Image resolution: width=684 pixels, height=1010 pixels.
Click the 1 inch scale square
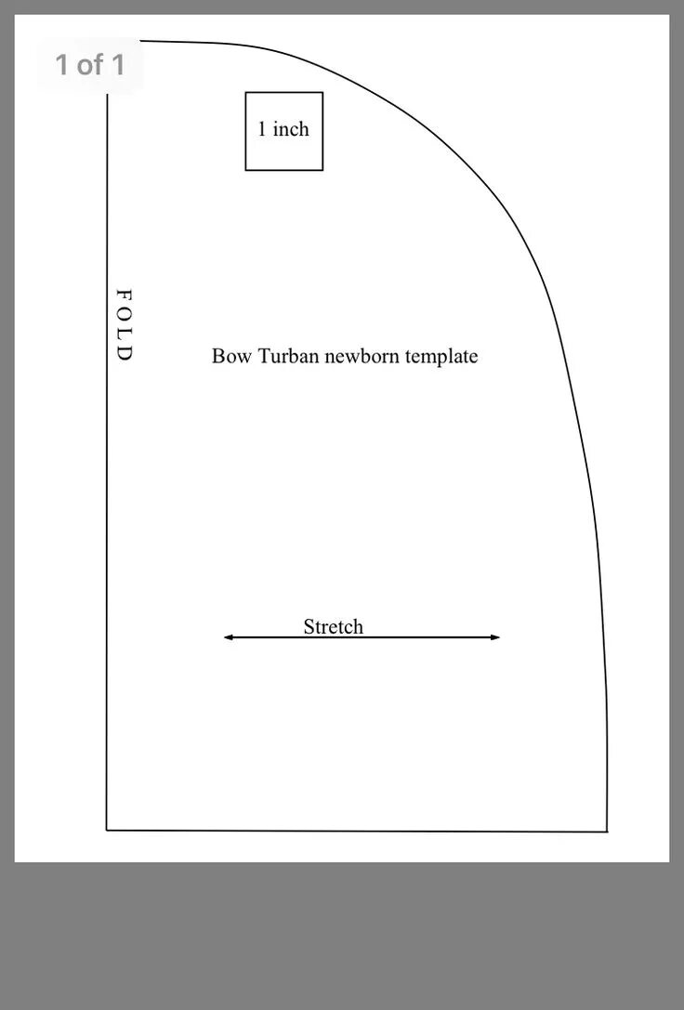point(283,131)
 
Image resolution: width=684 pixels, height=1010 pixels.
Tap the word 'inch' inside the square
point(291,129)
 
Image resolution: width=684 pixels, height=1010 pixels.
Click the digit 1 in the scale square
point(262,129)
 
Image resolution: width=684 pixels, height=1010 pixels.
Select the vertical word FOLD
point(124,325)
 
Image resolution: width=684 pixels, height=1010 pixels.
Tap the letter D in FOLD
point(124,354)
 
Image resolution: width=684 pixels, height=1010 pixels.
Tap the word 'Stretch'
point(333,626)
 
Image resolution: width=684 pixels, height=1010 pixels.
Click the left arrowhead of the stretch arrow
point(228,637)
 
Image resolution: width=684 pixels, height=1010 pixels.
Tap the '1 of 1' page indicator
point(89,65)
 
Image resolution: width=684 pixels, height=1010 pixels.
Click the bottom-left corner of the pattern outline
point(107,829)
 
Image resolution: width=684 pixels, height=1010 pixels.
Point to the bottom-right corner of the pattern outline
point(607,831)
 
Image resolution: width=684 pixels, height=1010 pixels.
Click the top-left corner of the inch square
point(245,93)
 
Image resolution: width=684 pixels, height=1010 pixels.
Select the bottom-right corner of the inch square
point(322,170)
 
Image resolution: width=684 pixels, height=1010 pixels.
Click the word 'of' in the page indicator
point(90,65)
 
